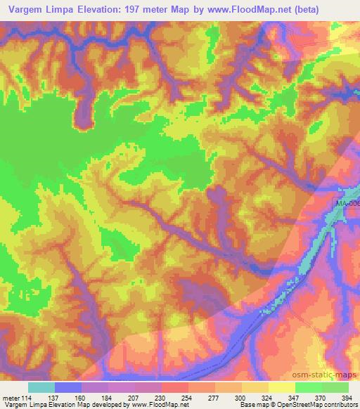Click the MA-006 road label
347,204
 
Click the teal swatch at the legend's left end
41,387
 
